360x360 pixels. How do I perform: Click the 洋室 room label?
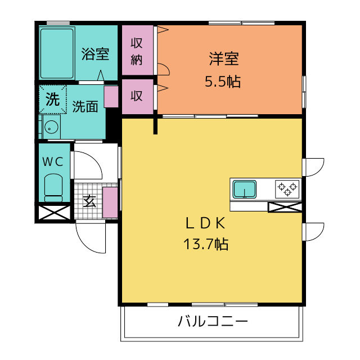(224, 58)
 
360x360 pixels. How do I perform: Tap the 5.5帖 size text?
(223, 82)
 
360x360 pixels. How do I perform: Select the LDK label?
(205, 223)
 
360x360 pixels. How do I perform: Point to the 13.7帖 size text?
(206, 244)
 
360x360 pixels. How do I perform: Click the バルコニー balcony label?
(213, 321)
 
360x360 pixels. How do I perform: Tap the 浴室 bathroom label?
(95, 54)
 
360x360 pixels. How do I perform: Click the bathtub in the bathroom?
(57, 53)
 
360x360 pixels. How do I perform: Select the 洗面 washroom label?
(85, 106)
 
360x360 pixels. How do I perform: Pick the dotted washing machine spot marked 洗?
(52, 100)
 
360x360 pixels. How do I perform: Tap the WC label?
(53, 162)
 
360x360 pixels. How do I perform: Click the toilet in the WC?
(53, 187)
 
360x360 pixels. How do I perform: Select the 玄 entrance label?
(89, 201)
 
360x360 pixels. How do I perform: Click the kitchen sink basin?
(245, 190)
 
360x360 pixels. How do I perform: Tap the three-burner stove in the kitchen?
(287, 189)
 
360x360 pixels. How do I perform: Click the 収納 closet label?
(137, 51)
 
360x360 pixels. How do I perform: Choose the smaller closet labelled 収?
(137, 97)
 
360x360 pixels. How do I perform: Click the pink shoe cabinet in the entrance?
(110, 202)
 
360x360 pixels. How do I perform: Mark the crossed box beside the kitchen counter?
(285, 207)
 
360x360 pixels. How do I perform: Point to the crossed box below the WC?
(55, 213)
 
